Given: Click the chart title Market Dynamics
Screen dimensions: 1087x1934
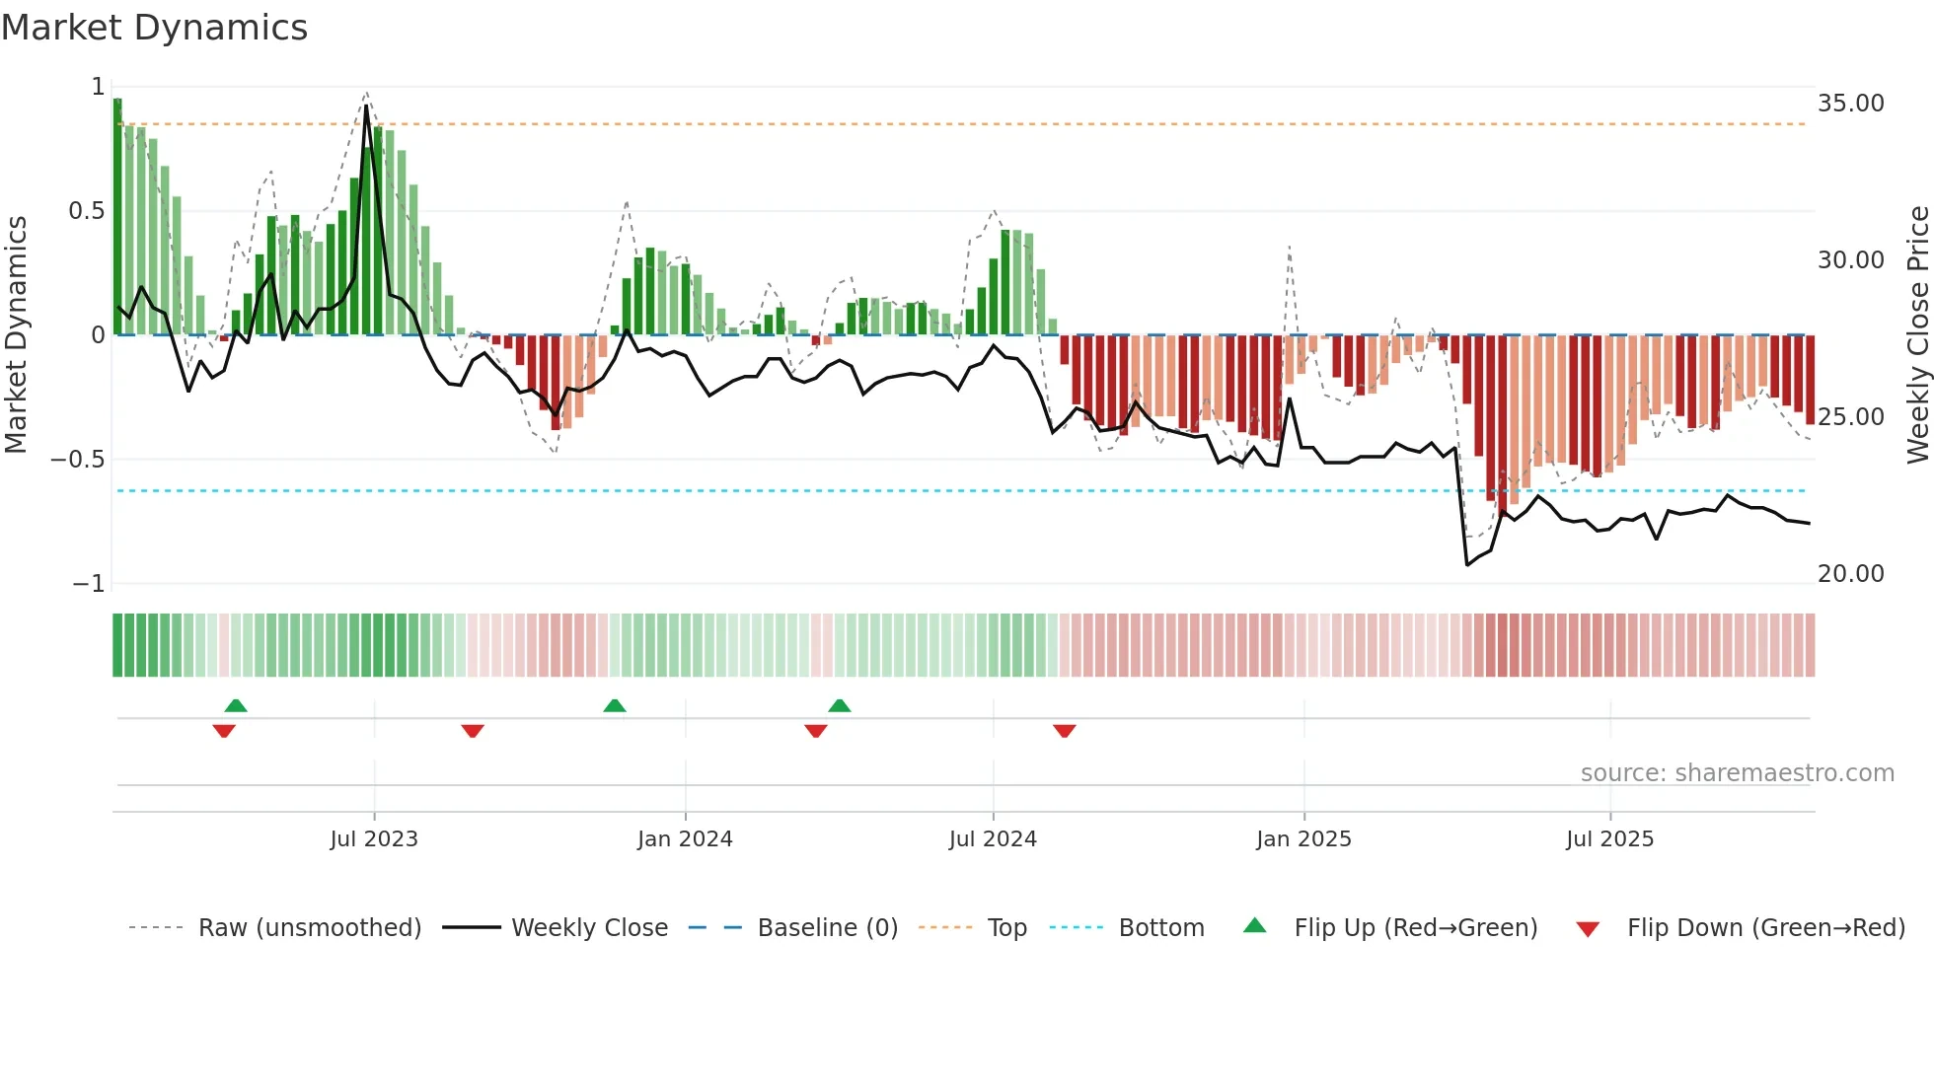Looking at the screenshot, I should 154,28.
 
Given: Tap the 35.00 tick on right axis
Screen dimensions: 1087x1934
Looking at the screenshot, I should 1850,104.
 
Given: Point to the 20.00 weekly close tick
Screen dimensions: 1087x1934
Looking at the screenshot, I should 1850,573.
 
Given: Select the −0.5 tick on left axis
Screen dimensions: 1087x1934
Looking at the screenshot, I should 77,460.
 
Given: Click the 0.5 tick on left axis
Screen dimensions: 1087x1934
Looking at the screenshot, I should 86,211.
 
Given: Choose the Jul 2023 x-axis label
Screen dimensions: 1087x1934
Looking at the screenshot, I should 374,839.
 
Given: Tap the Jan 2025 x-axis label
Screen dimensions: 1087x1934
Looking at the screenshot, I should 1303,839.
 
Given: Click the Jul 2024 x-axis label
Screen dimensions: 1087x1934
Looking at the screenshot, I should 993,839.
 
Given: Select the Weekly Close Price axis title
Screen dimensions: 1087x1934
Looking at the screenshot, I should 1917,335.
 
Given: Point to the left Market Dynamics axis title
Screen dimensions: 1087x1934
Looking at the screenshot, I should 16,335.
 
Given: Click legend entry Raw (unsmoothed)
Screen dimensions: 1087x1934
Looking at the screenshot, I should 309,928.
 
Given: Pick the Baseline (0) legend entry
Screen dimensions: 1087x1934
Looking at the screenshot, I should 827,928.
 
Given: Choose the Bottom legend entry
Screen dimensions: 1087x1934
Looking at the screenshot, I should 1160,928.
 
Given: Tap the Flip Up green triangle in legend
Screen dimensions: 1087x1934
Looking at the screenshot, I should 1254,925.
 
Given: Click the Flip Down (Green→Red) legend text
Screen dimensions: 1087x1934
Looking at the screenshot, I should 1765,928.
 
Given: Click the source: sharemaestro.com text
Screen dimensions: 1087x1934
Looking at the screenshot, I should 1737,773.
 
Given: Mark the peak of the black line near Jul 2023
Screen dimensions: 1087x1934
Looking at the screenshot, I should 366,106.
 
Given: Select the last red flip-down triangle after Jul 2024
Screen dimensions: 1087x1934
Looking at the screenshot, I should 1064,731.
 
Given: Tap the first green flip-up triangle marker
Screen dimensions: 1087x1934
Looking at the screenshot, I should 236,705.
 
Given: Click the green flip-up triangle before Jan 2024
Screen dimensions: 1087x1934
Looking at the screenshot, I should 615,705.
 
